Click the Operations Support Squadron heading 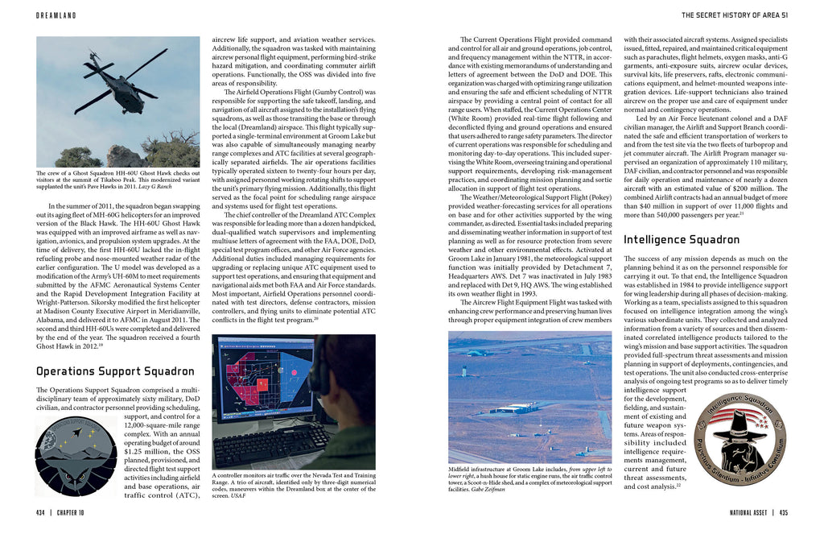click(115, 371)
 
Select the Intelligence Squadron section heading click(682, 239)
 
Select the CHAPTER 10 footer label click(76, 512)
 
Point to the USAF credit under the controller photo click(237, 496)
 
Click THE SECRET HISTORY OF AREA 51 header click(734, 15)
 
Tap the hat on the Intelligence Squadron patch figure click(740, 421)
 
